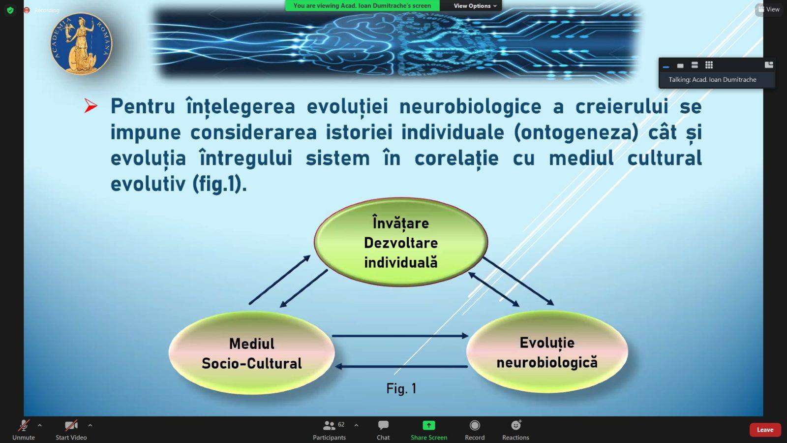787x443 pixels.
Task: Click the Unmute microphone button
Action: coord(24,426)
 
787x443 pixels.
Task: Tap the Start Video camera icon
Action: coord(71,426)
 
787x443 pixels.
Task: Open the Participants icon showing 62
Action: coord(329,426)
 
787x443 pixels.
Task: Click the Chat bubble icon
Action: coord(383,425)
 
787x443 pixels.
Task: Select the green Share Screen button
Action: coord(428,425)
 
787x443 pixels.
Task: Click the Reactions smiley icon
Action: coord(515,425)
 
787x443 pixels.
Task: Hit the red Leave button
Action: coord(765,430)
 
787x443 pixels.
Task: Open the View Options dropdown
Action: coord(475,5)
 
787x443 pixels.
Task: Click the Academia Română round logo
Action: coord(81,44)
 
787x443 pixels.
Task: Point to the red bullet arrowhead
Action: coord(91,106)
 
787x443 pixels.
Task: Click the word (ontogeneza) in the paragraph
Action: coord(575,132)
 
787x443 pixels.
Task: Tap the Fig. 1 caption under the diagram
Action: coord(401,388)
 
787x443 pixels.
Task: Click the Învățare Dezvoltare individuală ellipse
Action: coord(401,242)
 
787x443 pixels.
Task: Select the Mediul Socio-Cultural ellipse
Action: coord(251,352)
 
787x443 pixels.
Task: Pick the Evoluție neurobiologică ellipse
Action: coord(547,351)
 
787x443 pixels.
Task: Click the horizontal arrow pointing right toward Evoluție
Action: coord(400,336)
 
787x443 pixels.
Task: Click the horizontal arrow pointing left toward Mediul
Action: coord(401,366)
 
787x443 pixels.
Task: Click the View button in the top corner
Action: coord(769,9)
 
